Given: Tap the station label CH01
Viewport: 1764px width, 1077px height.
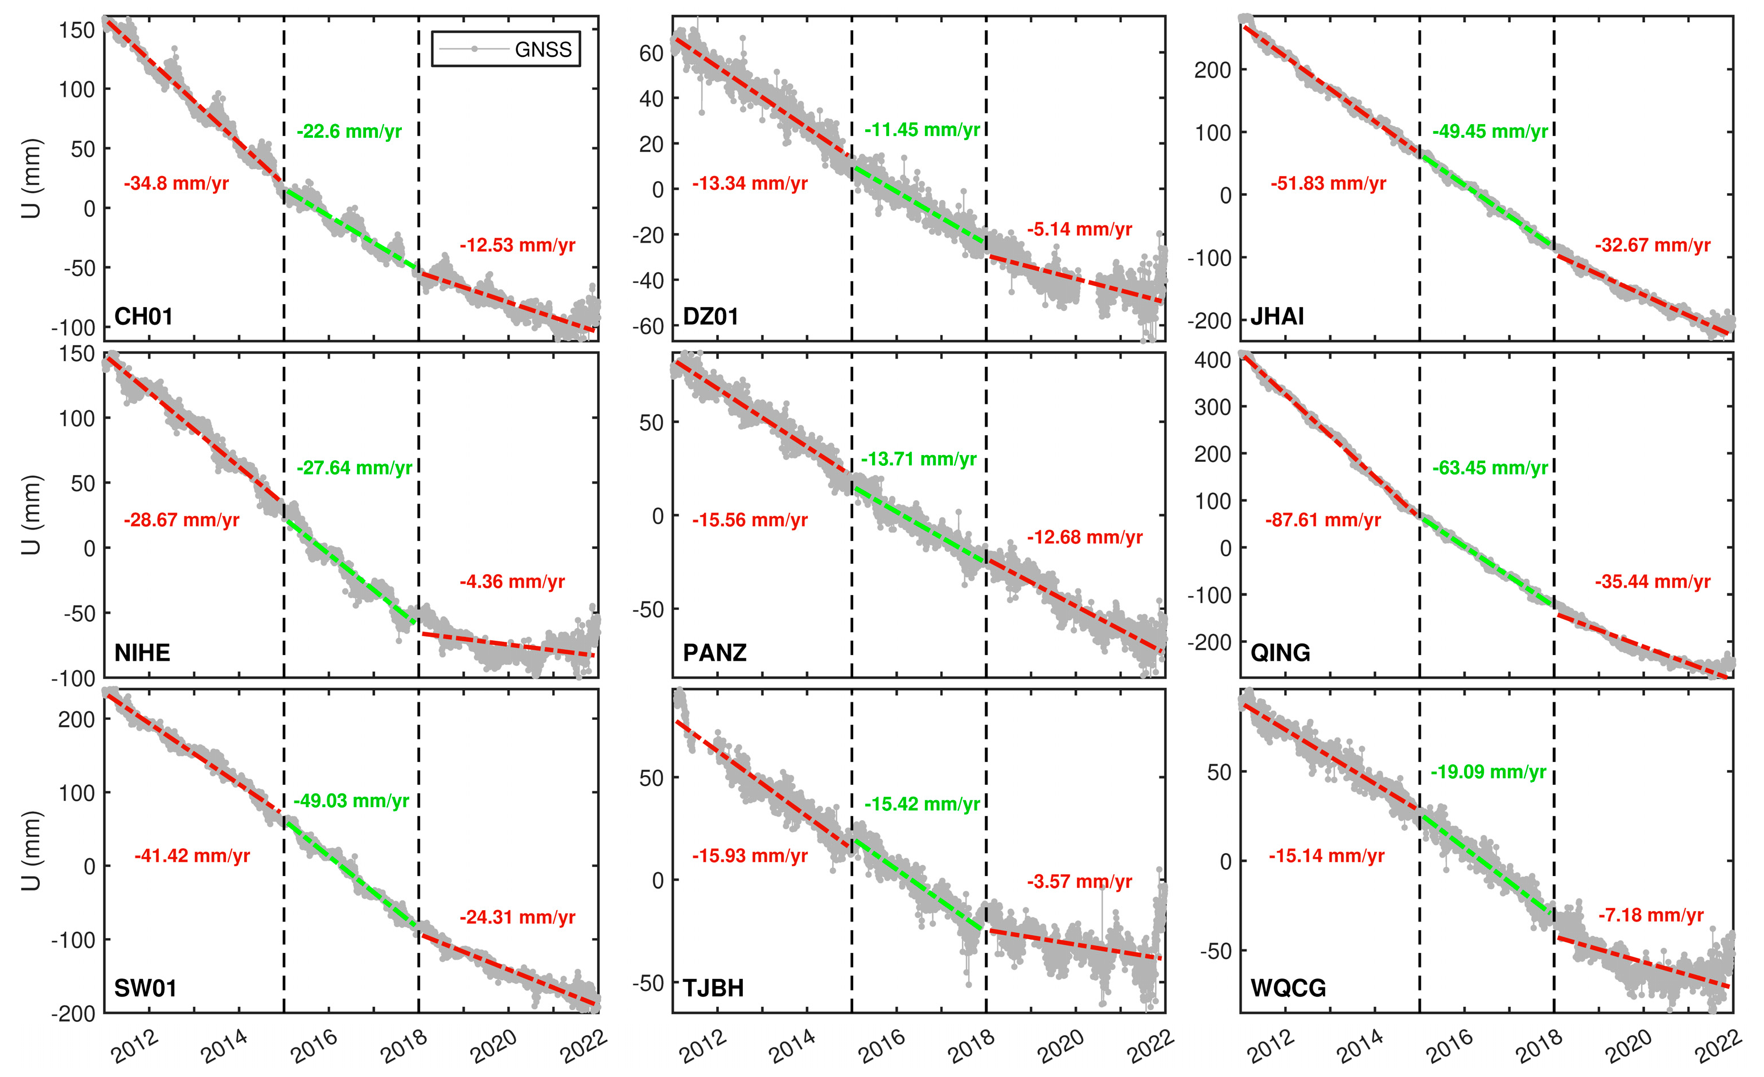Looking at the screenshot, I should pyautogui.click(x=143, y=317).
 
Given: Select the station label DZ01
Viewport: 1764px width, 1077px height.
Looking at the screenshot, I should pyautogui.click(x=710, y=317).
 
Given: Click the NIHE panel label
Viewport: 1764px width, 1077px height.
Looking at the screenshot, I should pyautogui.click(x=142, y=653).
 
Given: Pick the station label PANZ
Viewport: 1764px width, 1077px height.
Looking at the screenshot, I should pyautogui.click(x=714, y=653).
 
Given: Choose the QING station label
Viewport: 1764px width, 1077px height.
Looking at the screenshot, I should pyautogui.click(x=1280, y=653).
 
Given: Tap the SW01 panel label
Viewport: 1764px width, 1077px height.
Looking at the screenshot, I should pyautogui.click(x=145, y=989).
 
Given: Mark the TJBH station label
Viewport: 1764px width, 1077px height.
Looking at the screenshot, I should pyautogui.click(x=713, y=989).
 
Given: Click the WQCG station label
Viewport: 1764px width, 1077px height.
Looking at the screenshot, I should pyautogui.click(x=1288, y=989).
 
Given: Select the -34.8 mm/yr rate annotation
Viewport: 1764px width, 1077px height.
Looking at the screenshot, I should pyautogui.click(x=176, y=184).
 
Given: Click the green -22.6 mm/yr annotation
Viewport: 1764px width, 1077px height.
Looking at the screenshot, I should pyautogui.click(x=349, y=132).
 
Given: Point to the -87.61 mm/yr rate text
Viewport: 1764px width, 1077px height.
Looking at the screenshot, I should pyautogui.click(x=1323, y=521).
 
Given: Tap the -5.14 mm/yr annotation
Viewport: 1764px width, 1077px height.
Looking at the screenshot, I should pyautogui.click(x=1080, y=230).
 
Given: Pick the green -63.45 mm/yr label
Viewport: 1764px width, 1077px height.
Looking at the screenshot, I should pyautogui.click(x=1490, y=468).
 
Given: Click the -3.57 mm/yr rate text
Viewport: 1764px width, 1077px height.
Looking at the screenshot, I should pyautogui.click(x=1080, y=882).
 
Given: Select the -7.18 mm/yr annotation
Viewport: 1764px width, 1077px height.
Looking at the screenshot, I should pyautogui.click(x=1651, y=916).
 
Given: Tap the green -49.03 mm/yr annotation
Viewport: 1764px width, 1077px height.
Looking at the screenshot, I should pyautogui.click(x=351, y=801).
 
